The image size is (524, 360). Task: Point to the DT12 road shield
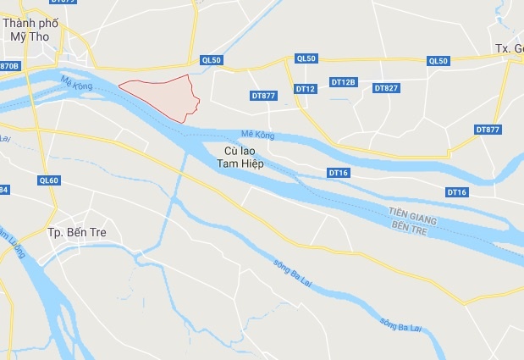pos(306,88)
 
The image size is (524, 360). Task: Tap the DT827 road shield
pos(386,88)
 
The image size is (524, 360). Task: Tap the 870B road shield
pos(8,66)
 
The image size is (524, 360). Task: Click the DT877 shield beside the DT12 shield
pos(263,96)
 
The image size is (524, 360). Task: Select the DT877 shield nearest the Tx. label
pos(488,130)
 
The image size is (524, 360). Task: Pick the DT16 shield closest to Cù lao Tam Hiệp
pos(338,173)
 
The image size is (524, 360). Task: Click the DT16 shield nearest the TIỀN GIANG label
pos(456,192)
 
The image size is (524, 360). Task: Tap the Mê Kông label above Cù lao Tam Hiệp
pos(257,135)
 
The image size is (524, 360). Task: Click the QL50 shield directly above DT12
pos(306,58)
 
